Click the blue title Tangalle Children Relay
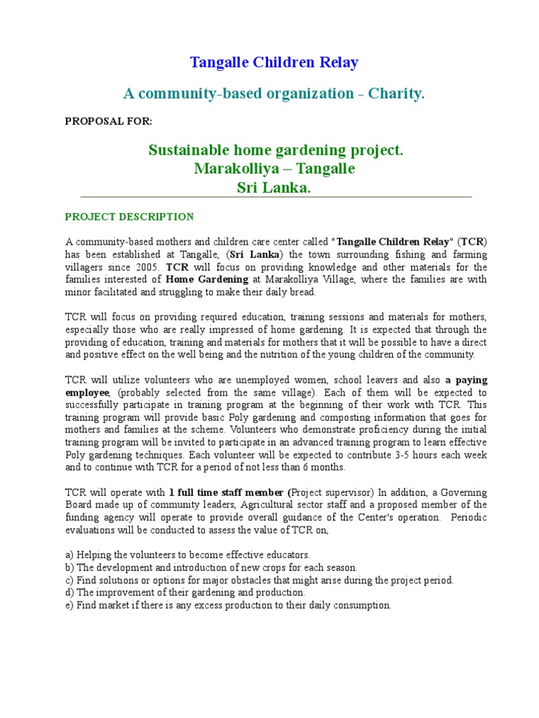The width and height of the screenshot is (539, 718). (x=274, y=62)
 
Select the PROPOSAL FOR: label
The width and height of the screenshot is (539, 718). (x=108, y=121)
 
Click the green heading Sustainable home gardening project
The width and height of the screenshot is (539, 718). (x=276, y=151)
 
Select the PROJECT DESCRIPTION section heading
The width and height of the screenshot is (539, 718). (x=129, y=217)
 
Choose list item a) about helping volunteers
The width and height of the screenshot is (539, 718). (x=187, y=555)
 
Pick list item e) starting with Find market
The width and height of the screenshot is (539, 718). (x=227, y=605)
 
